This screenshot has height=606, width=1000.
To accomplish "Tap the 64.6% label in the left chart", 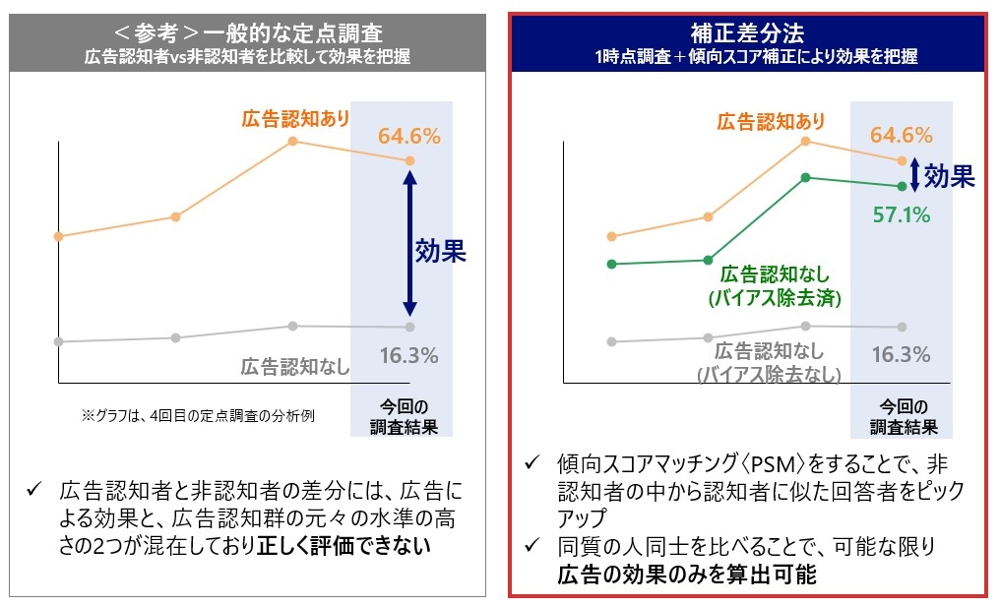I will coord(408,135).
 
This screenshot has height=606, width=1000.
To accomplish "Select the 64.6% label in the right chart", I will coord(901,135).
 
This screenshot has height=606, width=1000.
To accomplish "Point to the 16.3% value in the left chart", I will coord(408,356).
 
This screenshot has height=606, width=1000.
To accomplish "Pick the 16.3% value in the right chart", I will coord(901,354).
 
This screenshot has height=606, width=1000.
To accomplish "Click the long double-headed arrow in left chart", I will coord(410,242).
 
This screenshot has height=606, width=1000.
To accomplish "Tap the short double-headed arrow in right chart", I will coord(915,174).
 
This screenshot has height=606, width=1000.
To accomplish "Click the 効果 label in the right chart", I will coord(950,176).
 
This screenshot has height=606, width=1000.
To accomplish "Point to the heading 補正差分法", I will coord(754,32).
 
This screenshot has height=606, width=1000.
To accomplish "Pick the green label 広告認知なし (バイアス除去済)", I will coord(775,284).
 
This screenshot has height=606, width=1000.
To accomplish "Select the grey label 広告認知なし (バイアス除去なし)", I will coord(769,361).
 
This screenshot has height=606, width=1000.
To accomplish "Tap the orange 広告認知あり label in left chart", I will coord(295,119).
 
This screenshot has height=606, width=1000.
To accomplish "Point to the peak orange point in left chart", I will coord(293,142).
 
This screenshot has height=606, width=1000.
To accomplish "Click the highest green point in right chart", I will coord(805,177).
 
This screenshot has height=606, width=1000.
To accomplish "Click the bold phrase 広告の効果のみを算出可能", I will coord(657,575).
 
